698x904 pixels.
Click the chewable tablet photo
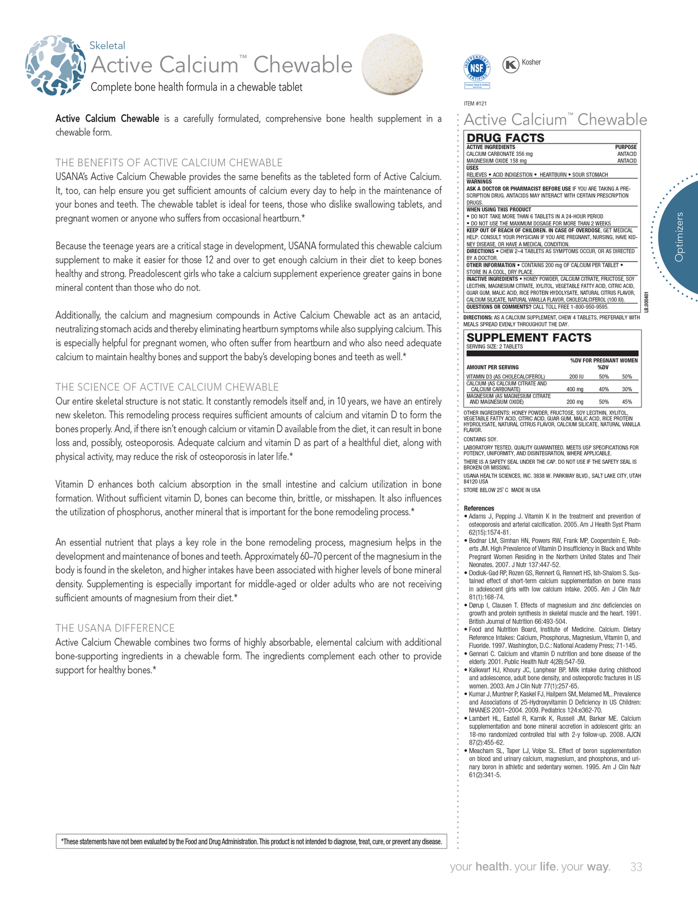click(x=391, y=63)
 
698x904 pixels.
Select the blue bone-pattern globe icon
click(x=55, y=66)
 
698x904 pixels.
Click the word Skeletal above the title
click(x=107, y=46)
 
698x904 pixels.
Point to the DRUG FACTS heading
click(x=505, y=138)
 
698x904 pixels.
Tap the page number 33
click(x=636, y=867)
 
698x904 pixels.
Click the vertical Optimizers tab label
click(x=679, y=237)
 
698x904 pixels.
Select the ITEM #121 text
click(x=475, y=103)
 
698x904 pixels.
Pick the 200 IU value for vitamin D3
click(x=576, y=376)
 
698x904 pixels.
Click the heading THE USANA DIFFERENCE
click(x=115, y=628)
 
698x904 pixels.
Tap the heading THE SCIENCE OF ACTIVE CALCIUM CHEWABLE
click(x=167, y=387)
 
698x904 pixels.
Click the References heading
click(x=479, y=508)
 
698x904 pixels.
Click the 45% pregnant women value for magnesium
click(x=626, y=402)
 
